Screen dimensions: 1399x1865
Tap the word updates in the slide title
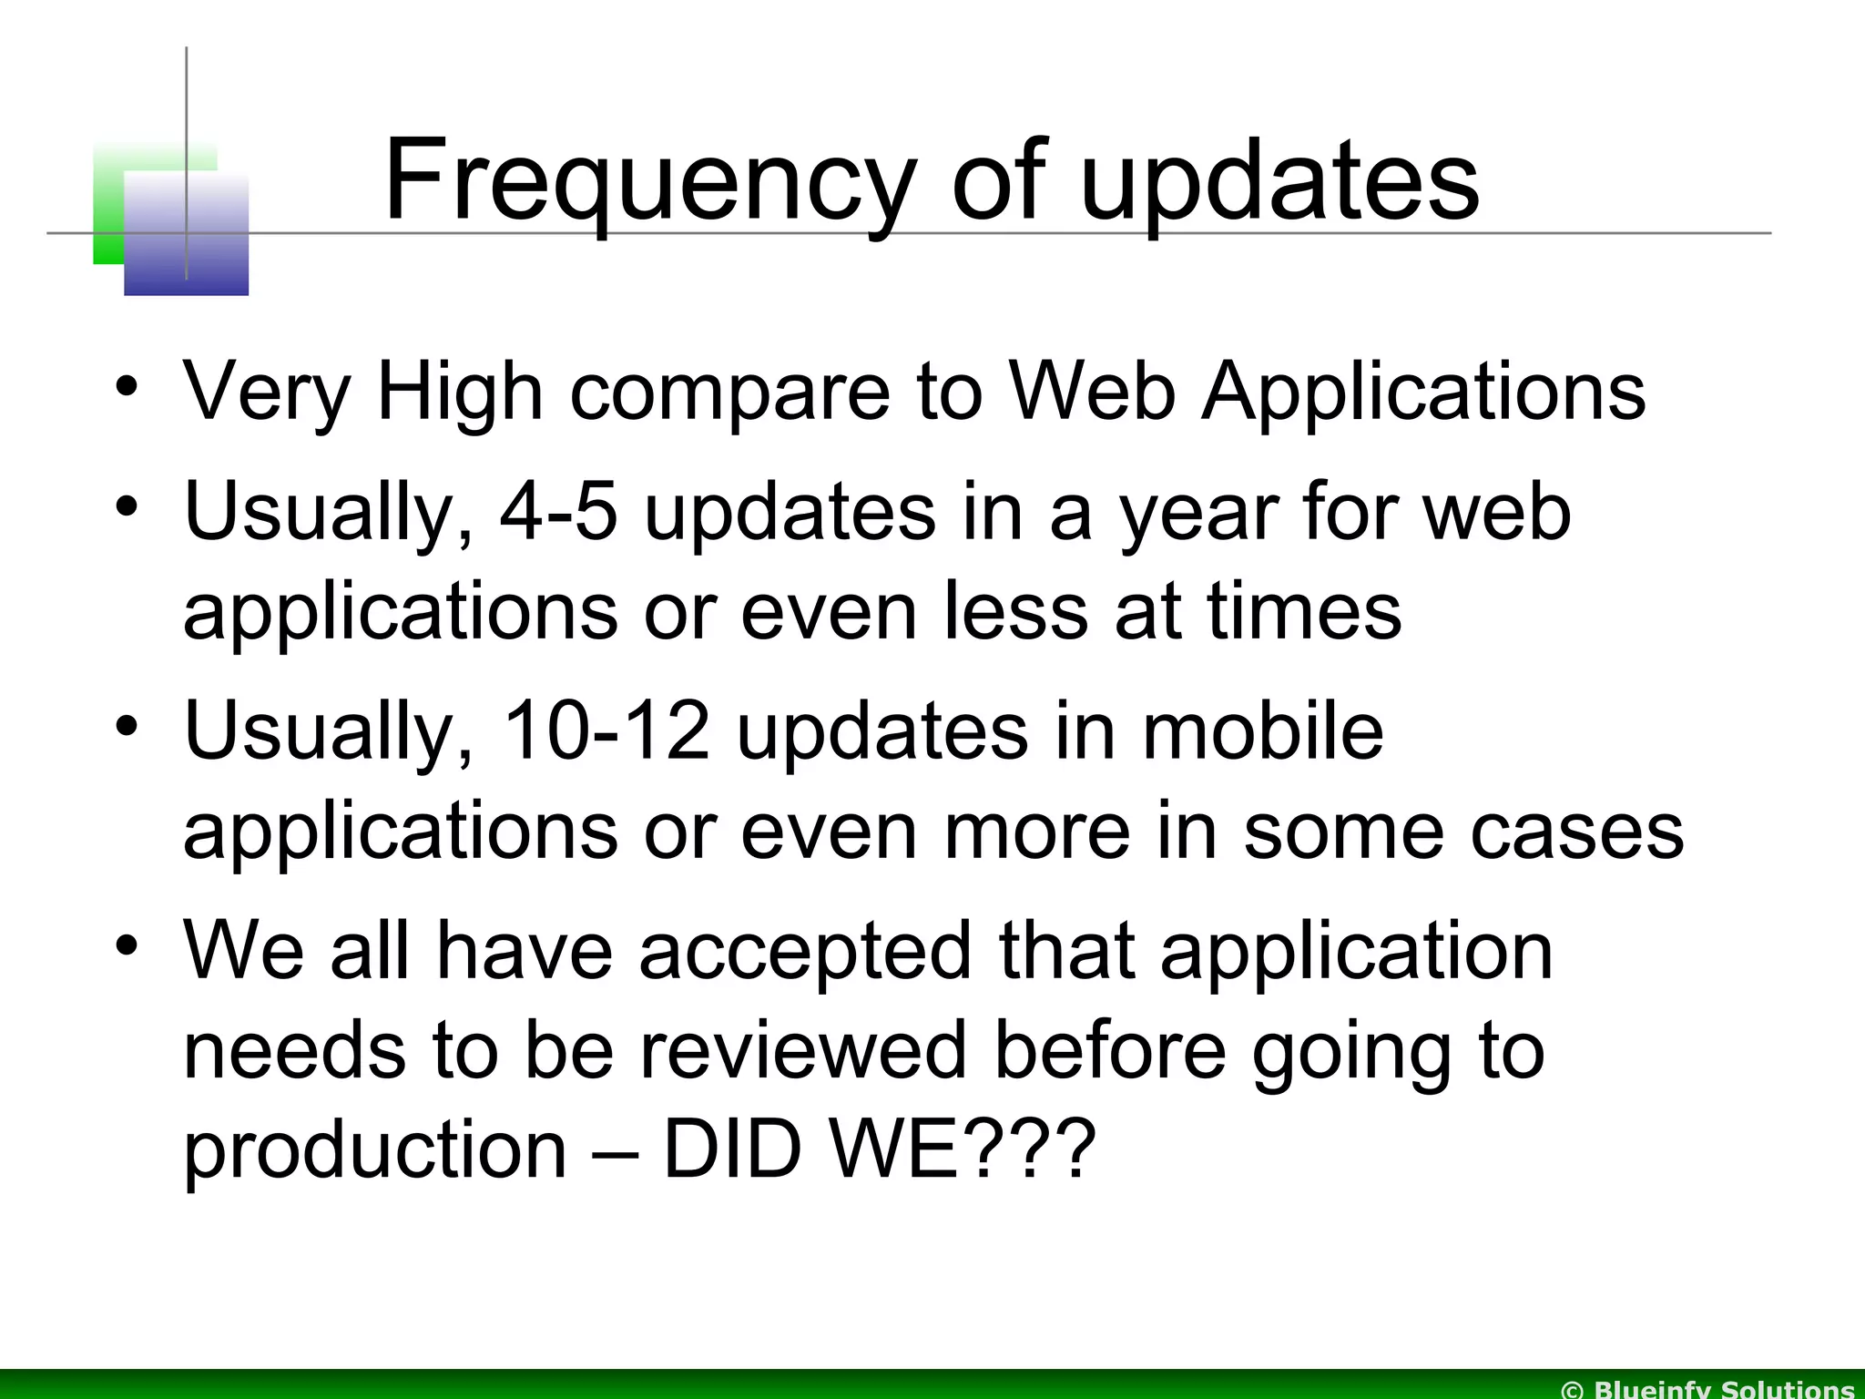[1279, 182]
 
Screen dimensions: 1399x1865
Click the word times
[1304, 611]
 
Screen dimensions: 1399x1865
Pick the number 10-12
[606, 730]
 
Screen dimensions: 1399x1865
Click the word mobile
[1262, 730]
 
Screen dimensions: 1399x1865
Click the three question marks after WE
[1024, 1149]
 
